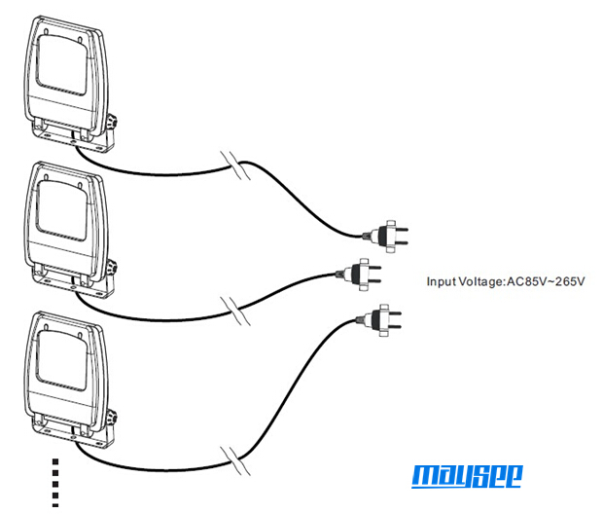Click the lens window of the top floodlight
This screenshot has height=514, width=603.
[x=61, y=64]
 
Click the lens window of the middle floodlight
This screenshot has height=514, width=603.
[x=61, y=210]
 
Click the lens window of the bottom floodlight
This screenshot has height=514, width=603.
[x=61, y=360]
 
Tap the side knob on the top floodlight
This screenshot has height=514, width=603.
[x=112, y=122]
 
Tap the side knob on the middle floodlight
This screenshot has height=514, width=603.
[x=112, y=269]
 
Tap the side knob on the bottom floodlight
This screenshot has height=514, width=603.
[x=112, y=419]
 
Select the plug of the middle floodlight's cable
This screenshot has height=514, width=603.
[x=359, y=275]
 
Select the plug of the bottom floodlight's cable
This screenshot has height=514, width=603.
[x=379, y=320]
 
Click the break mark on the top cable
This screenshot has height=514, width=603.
[x=235, y=165]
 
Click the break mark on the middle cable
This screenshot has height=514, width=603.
[x=235, y=312]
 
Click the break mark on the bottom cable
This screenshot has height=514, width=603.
[x=235, y=460]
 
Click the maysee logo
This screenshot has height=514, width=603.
[x=467, y=476]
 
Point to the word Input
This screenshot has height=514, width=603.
[x=442, y=282]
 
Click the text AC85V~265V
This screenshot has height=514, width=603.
[x=546, y=281]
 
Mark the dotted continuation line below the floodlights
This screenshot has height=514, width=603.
[x=55, y=483]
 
